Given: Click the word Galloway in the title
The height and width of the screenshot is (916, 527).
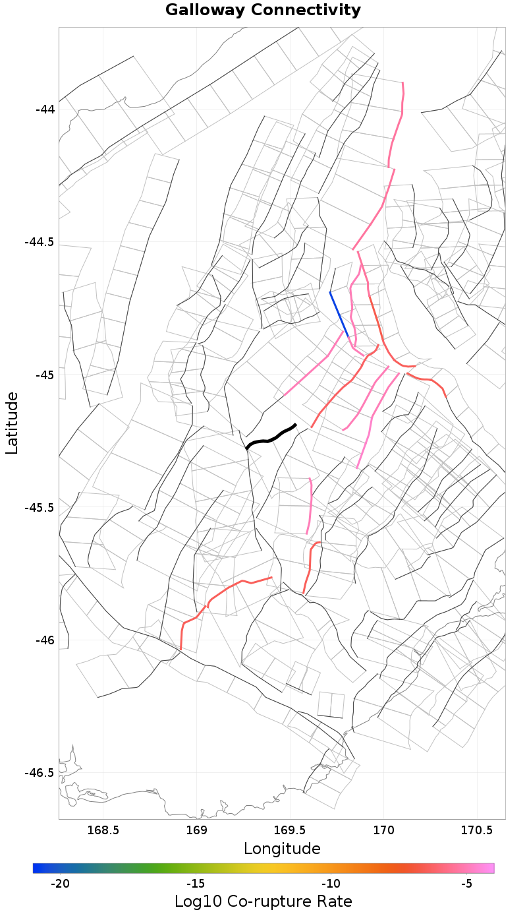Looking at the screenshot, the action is [204, 11].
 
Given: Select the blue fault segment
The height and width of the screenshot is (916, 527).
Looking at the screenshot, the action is [339, 314].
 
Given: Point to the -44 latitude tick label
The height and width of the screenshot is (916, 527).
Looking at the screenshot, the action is [45, 109].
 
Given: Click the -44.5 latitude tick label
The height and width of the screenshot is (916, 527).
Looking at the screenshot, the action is [40, 242].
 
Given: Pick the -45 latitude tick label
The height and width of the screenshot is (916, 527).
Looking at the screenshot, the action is [45, 375].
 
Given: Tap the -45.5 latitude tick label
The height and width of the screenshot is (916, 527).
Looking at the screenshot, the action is [40, 508].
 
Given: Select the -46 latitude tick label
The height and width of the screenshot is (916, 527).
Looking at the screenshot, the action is [45, 640].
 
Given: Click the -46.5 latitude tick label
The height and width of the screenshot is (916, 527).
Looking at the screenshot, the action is [40, 773].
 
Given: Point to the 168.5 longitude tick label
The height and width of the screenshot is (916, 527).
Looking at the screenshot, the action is [103, 829].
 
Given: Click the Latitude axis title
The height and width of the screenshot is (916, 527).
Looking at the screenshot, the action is [12, 423].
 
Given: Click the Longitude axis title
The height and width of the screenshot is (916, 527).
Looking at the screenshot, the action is [282, 849].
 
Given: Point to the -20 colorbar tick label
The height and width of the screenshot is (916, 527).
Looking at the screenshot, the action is [60, 884].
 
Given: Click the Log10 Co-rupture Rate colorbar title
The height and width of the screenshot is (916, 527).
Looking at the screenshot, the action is [263, 901].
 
